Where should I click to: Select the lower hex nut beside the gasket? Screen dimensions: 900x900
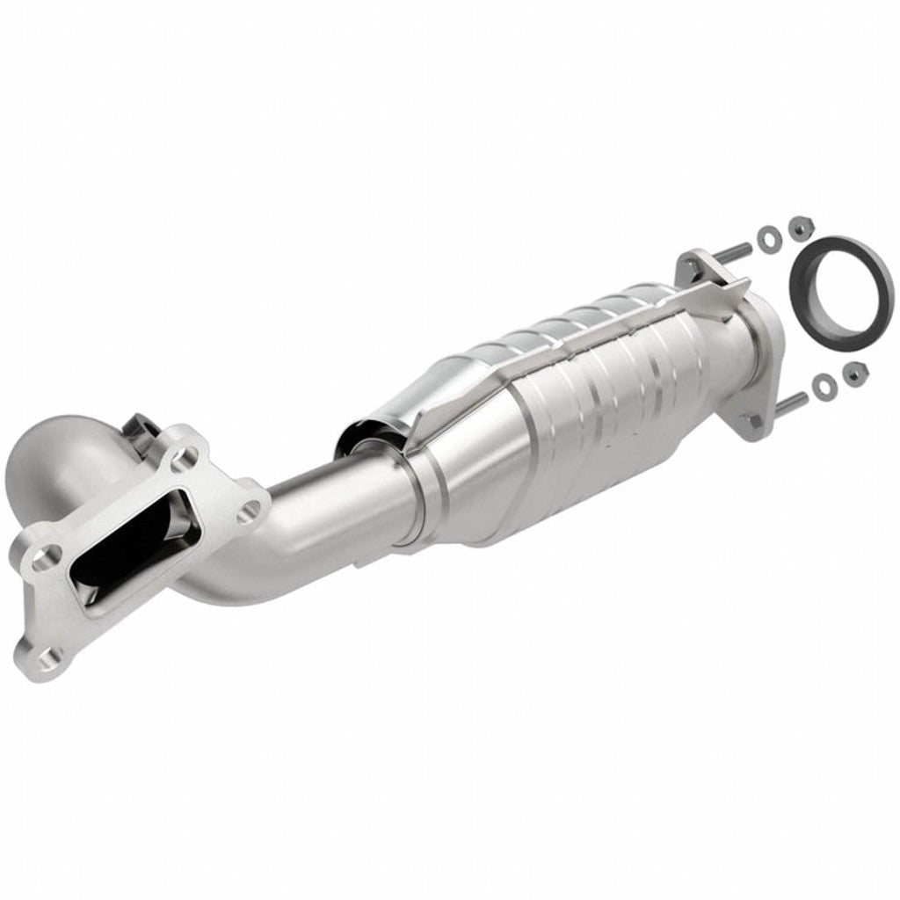click(x=851, y=374)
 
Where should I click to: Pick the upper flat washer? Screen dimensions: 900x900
click(x=766, y=236)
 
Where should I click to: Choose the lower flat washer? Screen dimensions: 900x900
click(x=823, y=384)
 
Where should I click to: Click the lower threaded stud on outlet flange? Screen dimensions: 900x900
click(x=789, y=403)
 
